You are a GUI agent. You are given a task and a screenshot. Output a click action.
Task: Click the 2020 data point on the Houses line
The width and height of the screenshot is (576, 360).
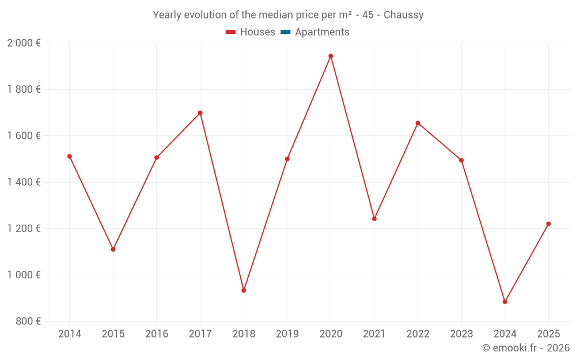pos(331,56)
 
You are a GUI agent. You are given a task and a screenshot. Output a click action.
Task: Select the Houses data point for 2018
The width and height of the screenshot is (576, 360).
pos(244,290)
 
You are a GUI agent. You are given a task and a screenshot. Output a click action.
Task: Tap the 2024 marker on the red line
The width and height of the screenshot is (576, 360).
pos(505,302)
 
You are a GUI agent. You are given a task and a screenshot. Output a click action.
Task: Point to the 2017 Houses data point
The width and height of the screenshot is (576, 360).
pos(200,113)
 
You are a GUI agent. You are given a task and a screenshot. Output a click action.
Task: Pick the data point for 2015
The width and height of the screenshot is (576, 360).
pos(113,249)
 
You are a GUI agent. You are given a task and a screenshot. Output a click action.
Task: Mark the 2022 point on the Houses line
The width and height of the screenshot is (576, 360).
pos(418,123)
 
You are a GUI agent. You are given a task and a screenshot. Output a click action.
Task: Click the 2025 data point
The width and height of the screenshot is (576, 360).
pos(548,224)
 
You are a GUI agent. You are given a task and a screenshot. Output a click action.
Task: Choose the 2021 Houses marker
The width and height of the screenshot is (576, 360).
pos(374,219)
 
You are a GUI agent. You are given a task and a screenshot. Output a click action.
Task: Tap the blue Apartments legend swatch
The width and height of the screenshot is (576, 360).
pos(285,32)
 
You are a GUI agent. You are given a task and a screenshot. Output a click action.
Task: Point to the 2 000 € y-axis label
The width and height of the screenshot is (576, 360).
pos(24,43)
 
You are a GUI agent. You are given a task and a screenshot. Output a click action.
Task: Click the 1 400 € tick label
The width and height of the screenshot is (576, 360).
pos(24,182)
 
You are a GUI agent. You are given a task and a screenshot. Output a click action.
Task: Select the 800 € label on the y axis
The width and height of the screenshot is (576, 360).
pos(28,321)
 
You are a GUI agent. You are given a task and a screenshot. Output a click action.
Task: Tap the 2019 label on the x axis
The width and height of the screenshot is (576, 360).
pos(287,334)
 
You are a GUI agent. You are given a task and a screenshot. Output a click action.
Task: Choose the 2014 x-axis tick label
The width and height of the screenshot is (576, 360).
pos(70,334)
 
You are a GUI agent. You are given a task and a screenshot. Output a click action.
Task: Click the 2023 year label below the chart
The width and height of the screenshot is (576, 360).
pos(461,334)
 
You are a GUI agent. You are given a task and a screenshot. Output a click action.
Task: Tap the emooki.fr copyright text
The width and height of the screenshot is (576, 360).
pos(525,348)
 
